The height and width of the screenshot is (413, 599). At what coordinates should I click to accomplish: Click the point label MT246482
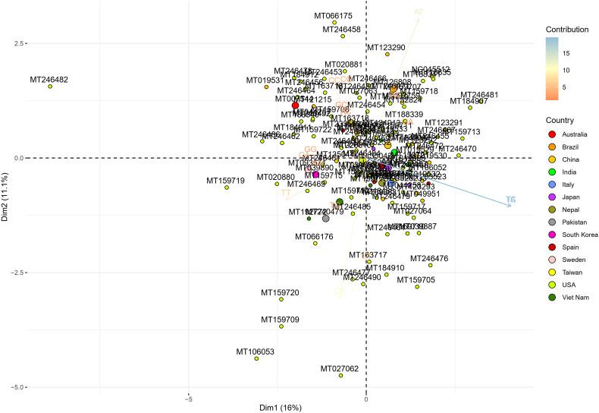point(49,79)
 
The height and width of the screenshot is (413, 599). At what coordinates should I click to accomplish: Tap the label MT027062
point(339,369)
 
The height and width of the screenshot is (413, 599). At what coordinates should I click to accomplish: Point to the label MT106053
point(255,352)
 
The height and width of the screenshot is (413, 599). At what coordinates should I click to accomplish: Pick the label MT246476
point(429,259)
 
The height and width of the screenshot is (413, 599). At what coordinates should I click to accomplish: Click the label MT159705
point(416,280)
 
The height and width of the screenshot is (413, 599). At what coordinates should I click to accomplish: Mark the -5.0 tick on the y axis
point(16,387)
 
